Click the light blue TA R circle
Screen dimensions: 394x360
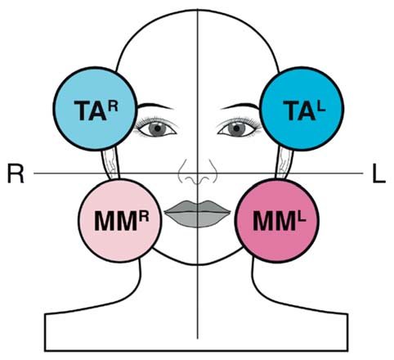[x=95, y=109]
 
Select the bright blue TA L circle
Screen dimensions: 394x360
[x=302, y=109]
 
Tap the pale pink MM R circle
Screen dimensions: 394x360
[x=120, y=220]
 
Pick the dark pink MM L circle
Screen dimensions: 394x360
[x=277, y=220]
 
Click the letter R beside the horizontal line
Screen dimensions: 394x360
[x=16, y=173]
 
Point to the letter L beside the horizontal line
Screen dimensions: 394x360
[x=378, y=173]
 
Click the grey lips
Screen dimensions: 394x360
[x=198, y=214]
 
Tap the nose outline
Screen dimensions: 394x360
[x=198, y=172]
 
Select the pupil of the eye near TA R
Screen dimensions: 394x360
[x=158, y=128]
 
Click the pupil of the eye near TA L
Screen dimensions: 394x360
[x=236, y=128]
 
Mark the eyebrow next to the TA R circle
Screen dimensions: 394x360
[x=154, y=106]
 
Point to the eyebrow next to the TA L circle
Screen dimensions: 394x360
[x=240, y=106]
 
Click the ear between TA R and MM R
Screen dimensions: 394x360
[x=111, y=163]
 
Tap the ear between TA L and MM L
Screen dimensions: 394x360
[x=285, y=163]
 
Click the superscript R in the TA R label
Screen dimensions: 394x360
[x=113, y=105]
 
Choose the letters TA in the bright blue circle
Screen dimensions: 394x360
[x=299, y=110]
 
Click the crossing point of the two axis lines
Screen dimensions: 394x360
[x=198, y=173]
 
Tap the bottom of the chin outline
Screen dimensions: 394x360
[x=198, y=264]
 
